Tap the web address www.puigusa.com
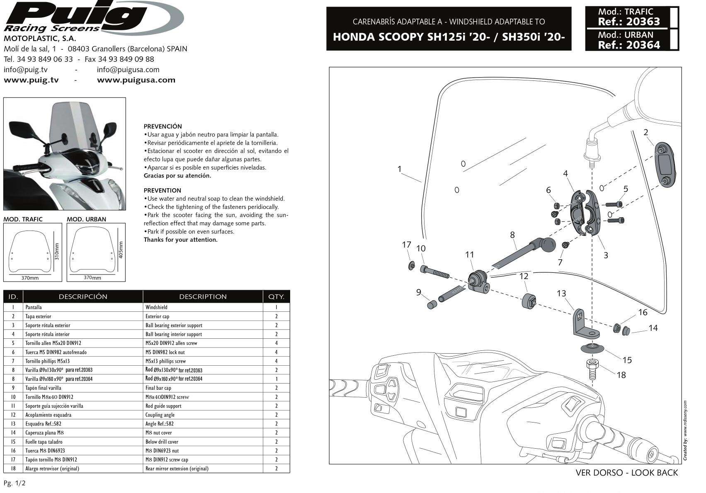(136, 80)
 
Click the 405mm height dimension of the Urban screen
(120, 250)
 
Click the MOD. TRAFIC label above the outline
(23, 219)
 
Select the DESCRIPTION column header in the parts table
(203, 296)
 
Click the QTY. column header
(276, 296)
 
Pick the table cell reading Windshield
(156, 307)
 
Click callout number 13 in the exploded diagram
(561, 294)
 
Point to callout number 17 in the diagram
(406, 245)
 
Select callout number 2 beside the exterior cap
(645, 133)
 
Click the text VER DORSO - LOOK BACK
(627, 473)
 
